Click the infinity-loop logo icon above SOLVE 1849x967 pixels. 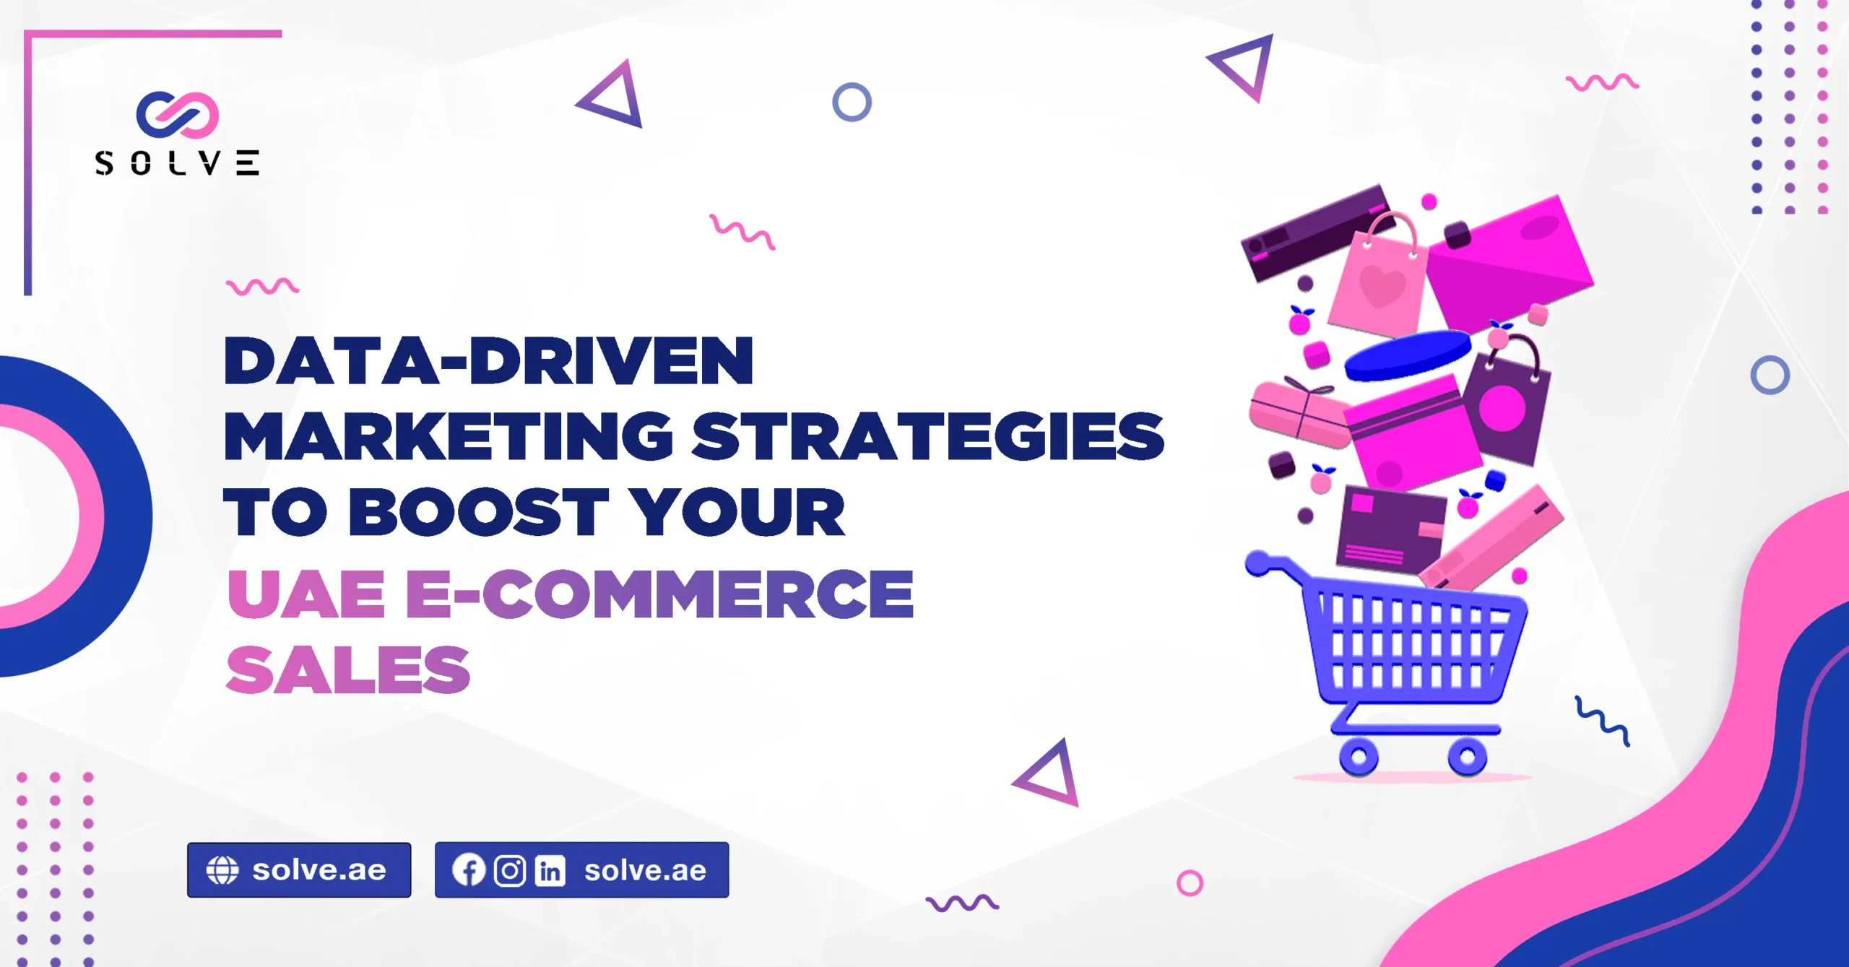178,115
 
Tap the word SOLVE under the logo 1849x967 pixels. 177,163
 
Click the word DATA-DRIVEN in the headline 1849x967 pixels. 489,360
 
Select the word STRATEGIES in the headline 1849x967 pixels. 928,436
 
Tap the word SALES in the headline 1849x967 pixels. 349,670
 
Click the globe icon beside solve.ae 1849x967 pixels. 222,870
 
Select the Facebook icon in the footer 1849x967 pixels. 469,870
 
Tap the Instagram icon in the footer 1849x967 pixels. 510,871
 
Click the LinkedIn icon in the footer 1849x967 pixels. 550,871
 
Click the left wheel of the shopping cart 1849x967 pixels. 1359,757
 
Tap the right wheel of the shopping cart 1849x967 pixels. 1467,757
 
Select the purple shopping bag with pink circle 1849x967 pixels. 1506,401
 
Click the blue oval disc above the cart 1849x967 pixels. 1408,355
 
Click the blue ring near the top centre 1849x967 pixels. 852,102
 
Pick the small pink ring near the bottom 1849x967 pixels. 1190,883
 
